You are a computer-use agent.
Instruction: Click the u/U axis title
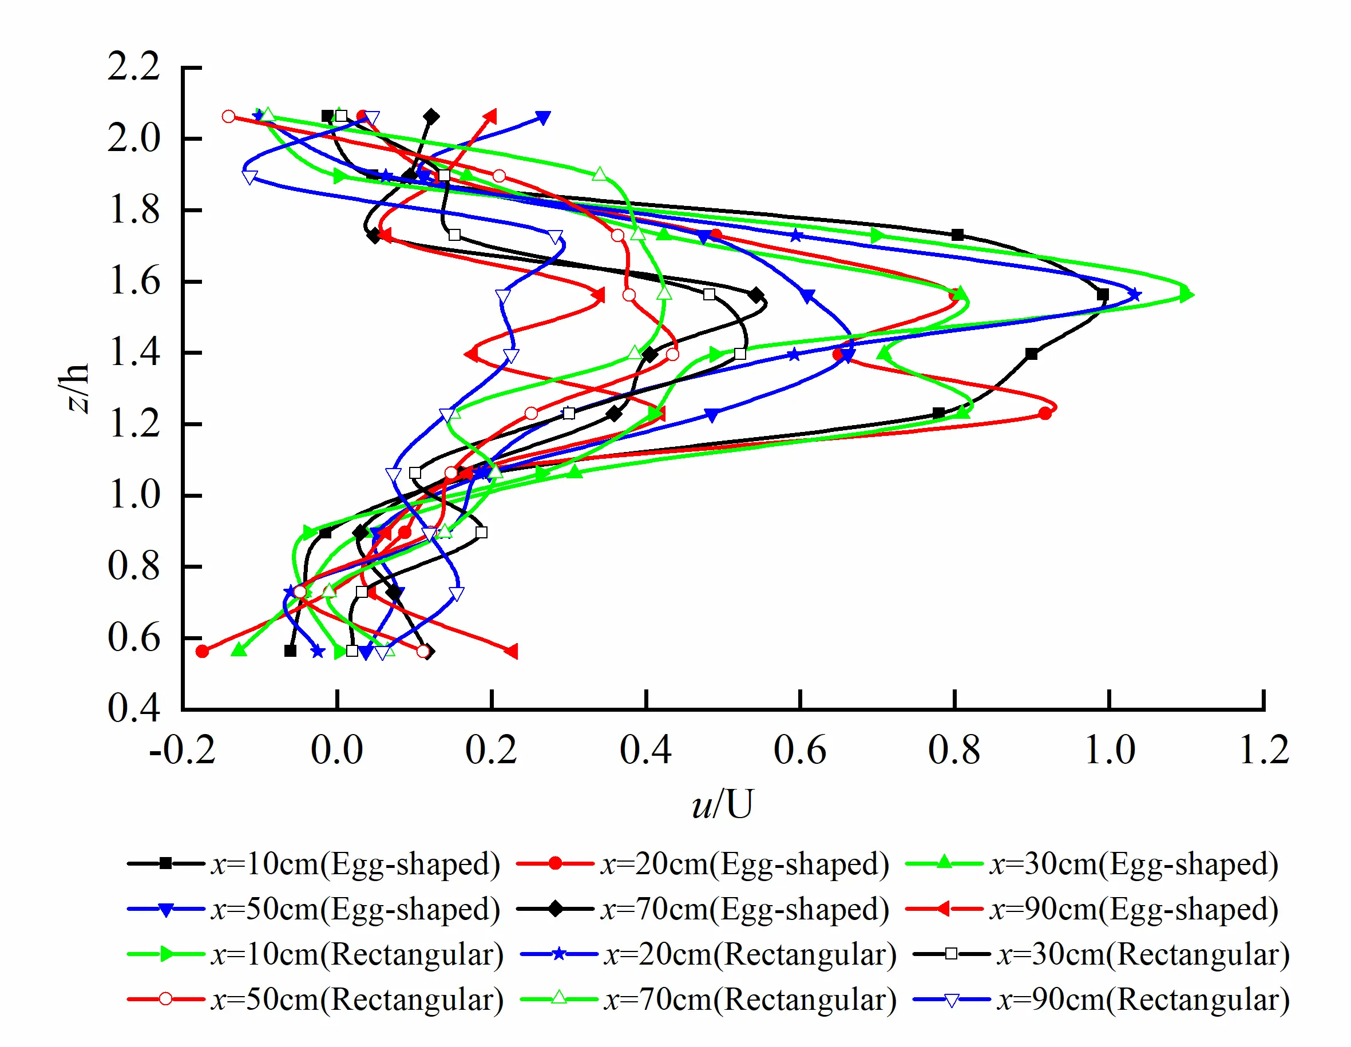722,804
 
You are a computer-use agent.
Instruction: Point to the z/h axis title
77,387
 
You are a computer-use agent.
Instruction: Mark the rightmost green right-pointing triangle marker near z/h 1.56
1186,295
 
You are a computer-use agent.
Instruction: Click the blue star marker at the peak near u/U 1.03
1134,295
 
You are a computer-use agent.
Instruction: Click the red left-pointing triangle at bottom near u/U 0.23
511,651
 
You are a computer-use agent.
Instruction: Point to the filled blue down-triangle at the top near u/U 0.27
542,117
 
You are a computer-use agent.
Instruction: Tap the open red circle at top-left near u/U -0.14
229,116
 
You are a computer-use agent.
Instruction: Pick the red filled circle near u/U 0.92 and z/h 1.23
1045,414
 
